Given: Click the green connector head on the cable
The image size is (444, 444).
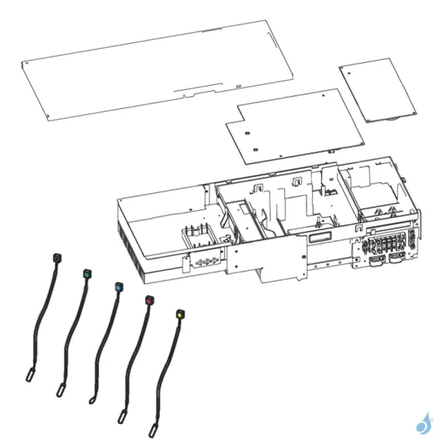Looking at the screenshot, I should click(x=87, y=274).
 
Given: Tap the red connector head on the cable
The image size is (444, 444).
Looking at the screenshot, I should click(x=149, y=300).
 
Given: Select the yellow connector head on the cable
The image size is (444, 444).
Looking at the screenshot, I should click(x=180, y=314).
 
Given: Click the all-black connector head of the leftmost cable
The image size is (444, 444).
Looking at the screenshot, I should click(x=55, y=257).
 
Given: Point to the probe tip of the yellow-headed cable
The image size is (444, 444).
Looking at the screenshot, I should click(x=153, y=429).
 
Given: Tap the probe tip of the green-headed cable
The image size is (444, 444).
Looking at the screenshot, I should click(x=59, y=389).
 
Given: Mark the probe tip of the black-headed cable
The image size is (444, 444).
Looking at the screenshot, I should click(x=30, y=376).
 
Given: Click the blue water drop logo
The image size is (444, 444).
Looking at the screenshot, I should click(x=424, y=423).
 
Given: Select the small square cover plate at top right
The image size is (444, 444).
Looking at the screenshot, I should click(x=378, y=90).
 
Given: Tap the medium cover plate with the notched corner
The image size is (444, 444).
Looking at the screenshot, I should click(x=296, y=126).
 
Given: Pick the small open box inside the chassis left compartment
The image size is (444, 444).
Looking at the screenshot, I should click(x=197, y=238).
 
